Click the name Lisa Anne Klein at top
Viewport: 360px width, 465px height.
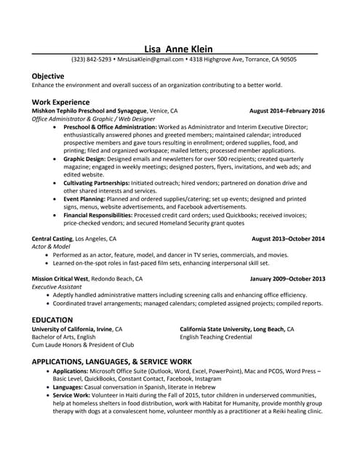pos(180,49)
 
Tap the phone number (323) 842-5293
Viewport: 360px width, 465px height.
pos(91,60)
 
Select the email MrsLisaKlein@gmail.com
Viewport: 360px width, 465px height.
pos(150,60)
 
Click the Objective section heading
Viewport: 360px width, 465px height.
pos(48,76)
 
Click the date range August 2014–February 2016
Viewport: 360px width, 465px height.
pos(287,111)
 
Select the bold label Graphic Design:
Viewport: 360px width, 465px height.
pos(86,158)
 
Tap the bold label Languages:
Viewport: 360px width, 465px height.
pos(73,387)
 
